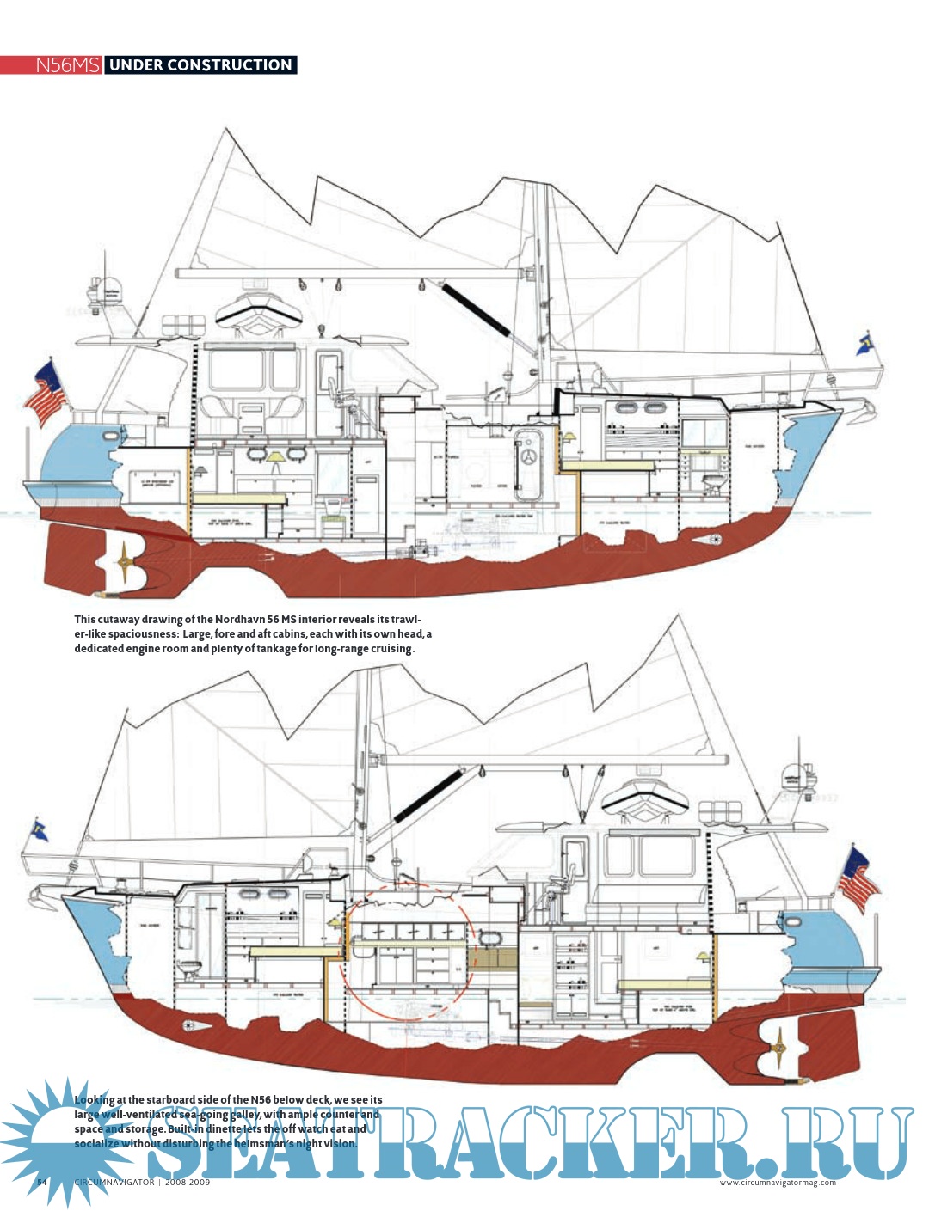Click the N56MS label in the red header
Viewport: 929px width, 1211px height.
(67, 65)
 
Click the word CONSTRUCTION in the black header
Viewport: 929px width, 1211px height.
(230, 65)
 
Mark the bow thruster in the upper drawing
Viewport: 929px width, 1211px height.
(714, 540)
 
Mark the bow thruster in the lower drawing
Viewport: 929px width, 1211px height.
(189, 1025)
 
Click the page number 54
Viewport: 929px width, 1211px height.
(41, 1183)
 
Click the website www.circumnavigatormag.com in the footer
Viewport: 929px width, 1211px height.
(778, 1183)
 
